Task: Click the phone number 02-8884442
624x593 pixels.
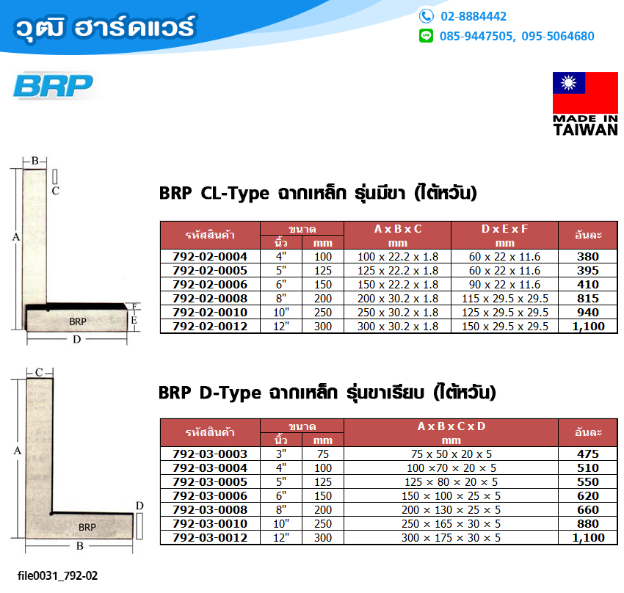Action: click(x=474, y=16)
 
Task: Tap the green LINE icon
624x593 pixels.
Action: click(x=426, y=36)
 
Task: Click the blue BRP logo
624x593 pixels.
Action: click(x=53, y=86)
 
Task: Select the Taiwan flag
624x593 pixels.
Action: click(x=585, y=92)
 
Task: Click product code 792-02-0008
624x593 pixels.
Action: click(x=210, y=298)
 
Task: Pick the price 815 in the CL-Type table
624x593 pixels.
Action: click(x=588, y=298)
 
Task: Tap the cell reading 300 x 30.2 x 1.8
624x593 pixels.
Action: click(x=398, y=326)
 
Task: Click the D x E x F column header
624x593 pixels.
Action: click(x=504, y=236)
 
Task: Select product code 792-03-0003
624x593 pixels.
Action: click(x=210, y=454)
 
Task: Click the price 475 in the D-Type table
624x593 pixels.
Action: click(x=588, y=454)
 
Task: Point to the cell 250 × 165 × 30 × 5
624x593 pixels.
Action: click(x=451, y=524)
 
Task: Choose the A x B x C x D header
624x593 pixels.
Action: click(x=451, y=433)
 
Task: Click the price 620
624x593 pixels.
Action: click(x=588, y=496)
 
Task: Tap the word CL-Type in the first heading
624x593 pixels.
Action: click(x=235, y=194)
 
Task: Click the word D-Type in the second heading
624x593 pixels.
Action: click(x=230, y=393)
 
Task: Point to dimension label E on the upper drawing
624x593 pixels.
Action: click(x=134, y=320)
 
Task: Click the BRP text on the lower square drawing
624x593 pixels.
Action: click(x=87, y=527)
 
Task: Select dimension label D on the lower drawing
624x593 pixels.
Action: click(x=139, y=506)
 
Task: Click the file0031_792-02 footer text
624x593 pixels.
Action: click(x=57, y=575)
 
